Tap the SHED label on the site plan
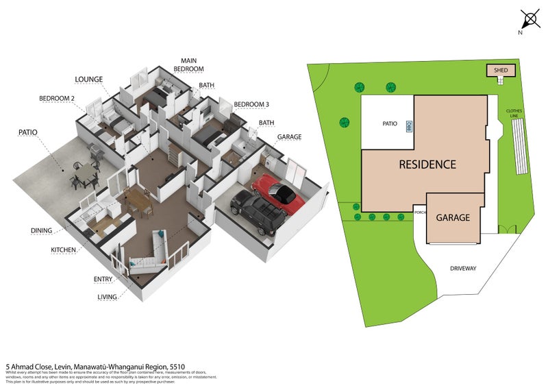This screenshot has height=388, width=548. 500,70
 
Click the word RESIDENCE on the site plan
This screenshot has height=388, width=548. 427,165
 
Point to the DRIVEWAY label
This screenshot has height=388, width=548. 463,268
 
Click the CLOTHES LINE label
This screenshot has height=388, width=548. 514,113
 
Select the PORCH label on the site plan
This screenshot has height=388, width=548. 419,212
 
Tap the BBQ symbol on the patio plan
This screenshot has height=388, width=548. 408,126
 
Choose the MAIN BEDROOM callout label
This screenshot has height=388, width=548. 188,65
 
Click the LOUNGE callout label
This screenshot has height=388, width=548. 89,80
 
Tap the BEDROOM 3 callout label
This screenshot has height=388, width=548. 251,104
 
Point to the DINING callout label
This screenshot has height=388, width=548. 42,230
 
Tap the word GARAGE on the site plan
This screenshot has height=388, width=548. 453,218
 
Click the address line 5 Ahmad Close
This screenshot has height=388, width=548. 96,367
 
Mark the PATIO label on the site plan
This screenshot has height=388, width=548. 390,124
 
